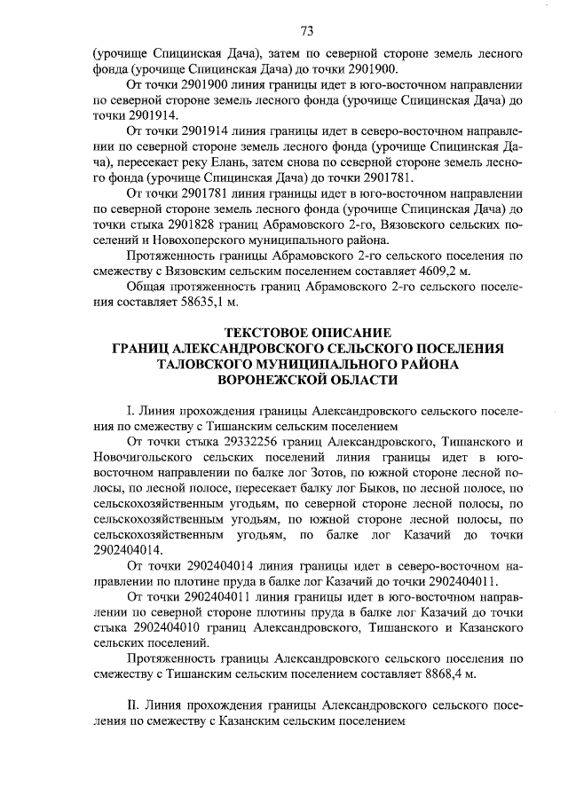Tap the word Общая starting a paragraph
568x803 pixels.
[148, 286]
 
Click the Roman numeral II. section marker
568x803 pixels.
[134, 706]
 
